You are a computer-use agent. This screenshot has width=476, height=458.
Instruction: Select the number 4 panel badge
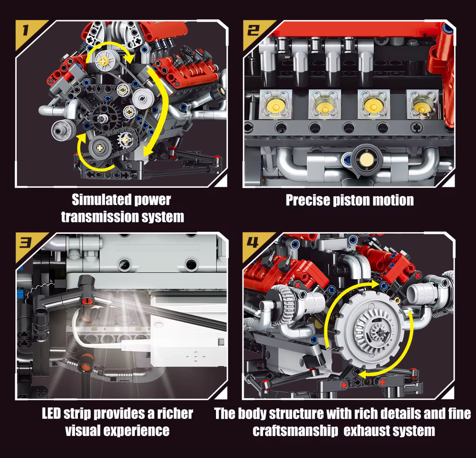coord(252,243)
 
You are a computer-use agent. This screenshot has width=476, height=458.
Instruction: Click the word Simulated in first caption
coord(95,200)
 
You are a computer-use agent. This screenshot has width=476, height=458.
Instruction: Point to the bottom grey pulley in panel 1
coord(100,147)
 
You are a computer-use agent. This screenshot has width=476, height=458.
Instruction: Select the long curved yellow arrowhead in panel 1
coord(147,151)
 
